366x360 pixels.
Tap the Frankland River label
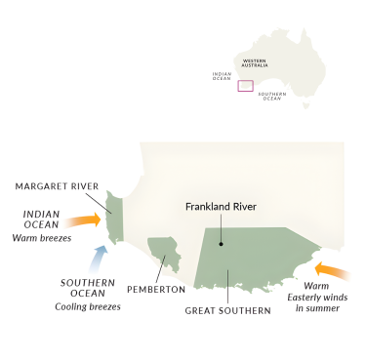[x=225, y=207]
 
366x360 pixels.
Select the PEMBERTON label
[x=155, y=290]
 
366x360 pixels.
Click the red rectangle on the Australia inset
[x=245, y=86]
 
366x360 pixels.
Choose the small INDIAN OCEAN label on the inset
[x=222, y=75]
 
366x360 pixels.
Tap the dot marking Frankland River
[x=223, y=244]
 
